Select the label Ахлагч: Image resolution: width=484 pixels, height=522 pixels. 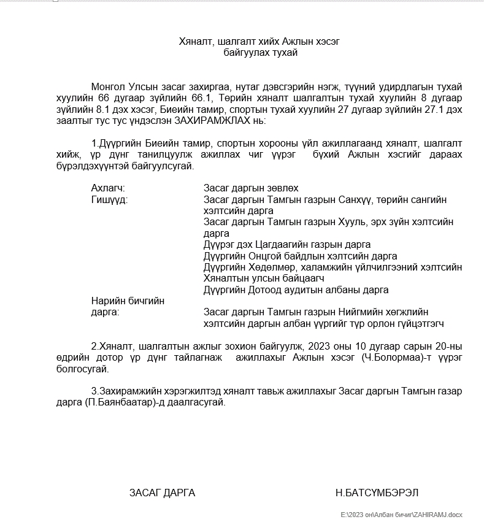tap(108, 188)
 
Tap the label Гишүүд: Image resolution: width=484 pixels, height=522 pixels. tap(109, 199)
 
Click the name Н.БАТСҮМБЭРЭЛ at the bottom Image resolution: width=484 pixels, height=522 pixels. tap(377, 493)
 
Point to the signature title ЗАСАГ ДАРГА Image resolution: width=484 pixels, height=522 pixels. tap(162, 493)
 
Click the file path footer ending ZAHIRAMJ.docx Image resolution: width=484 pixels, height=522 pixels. tap(402, 514)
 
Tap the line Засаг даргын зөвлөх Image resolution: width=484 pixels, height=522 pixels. tap(251, 188)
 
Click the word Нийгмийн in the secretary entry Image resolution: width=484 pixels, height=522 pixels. tap(355, 312)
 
